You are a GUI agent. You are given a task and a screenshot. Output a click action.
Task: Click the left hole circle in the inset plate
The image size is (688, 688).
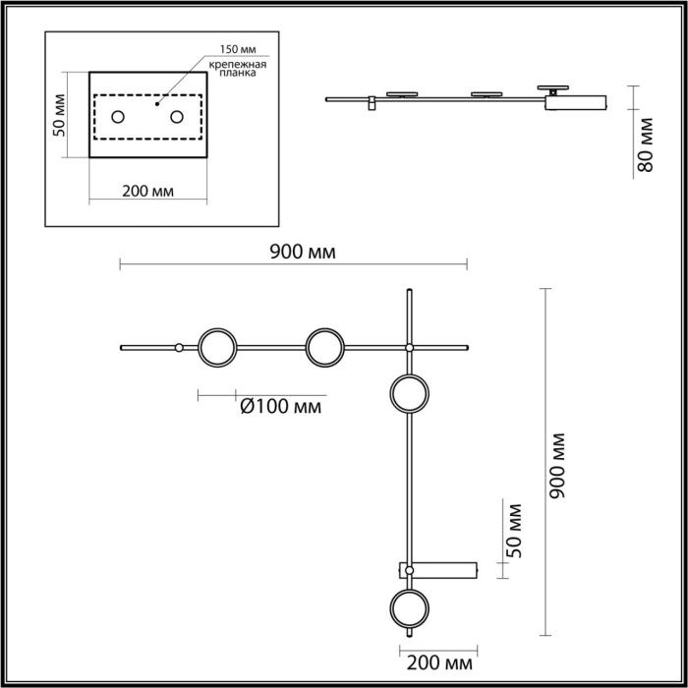click(x=118, y=117)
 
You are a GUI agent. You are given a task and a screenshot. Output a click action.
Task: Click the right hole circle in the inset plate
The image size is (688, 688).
click(x=178, y=117)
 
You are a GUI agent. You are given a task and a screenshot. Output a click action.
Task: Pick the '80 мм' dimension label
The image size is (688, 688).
click(x=646, y=144)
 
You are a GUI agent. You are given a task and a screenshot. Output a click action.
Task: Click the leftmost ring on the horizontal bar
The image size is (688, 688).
click(x=216, y=347)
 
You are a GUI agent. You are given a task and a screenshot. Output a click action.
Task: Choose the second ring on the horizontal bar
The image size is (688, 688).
click(x=323, y=347)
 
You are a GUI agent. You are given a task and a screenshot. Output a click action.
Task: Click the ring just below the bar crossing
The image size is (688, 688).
click(x=409, y=395)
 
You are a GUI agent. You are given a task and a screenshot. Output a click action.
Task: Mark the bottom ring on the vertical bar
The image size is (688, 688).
click(x=409, y=609)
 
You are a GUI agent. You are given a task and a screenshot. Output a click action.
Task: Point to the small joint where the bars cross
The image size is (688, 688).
click(x=409, y=347)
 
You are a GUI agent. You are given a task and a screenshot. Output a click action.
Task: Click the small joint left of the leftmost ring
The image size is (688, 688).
click(x=178, y=347)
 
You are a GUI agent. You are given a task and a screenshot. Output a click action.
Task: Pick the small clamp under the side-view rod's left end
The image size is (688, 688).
click(x=372, y=103)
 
